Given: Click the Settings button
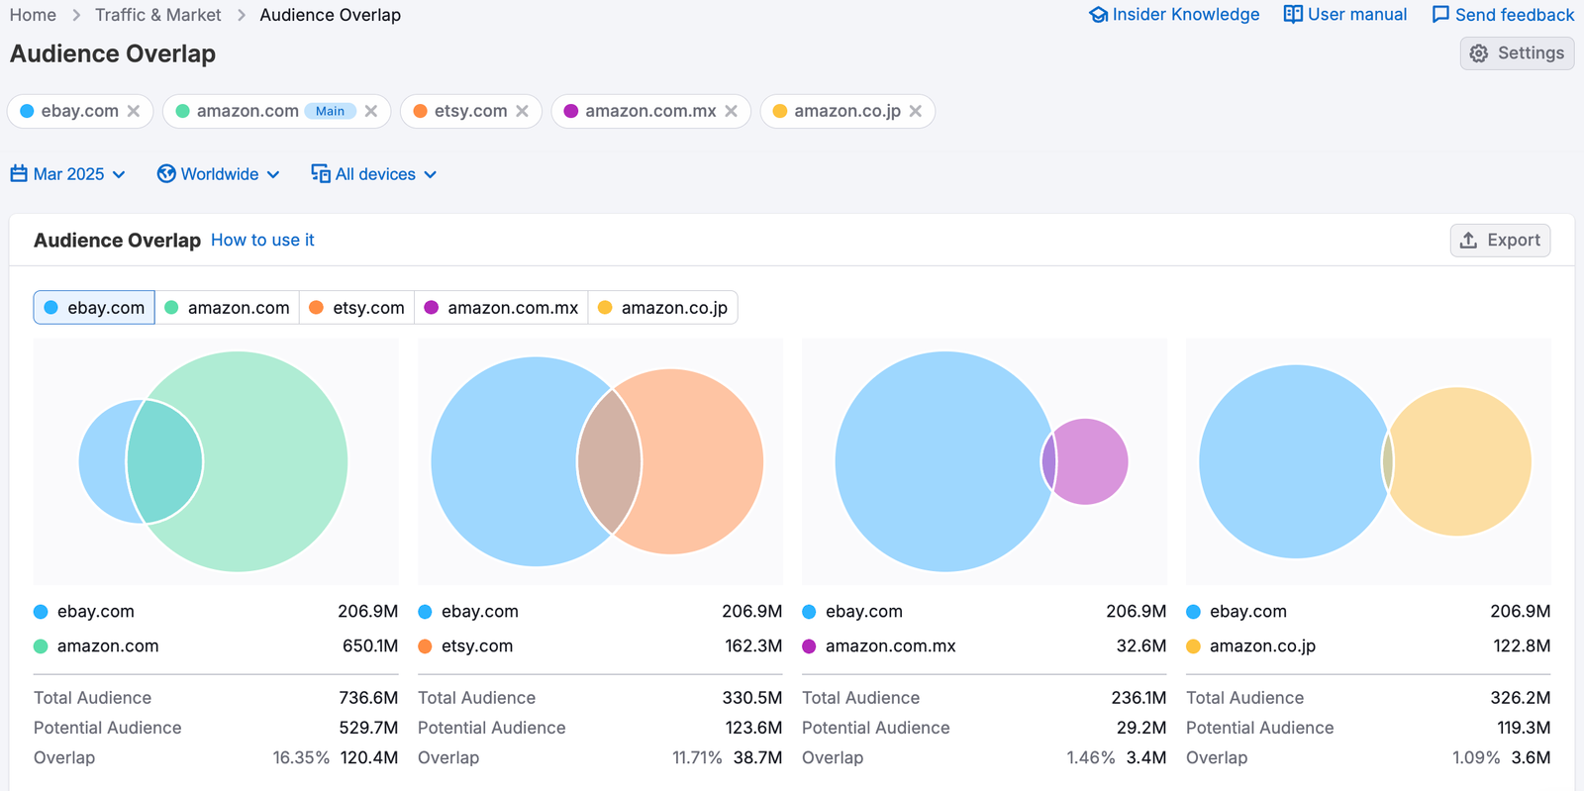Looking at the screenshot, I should point(1517,53).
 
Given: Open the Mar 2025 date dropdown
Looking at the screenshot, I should point(68,174).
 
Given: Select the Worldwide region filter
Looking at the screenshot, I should point(219,174).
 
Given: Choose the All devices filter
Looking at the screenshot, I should point(374,174).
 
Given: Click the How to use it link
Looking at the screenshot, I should point(262,241).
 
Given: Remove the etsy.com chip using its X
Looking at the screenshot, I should point(522,111).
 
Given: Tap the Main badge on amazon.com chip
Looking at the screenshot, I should point(330,111).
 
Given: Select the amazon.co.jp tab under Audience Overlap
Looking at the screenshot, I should point(662,308).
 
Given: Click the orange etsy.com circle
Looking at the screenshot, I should point(703,461).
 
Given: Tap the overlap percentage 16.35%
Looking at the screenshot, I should point(301,757).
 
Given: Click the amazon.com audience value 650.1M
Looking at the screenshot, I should point(369,645).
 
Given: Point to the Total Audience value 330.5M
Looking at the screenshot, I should point(751,698).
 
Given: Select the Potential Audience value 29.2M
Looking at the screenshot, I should point(1140,728).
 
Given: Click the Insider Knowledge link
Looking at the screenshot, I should point(1174,15).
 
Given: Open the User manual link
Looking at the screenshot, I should point(1345,15).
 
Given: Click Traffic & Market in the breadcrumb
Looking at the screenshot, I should point(157,15).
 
